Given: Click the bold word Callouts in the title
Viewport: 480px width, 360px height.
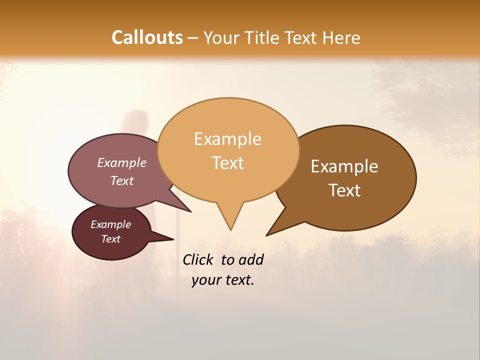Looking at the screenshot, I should coord(147,37).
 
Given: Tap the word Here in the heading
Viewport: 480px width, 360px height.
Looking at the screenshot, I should coord(341,37).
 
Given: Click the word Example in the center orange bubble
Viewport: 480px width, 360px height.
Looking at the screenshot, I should coord(227,139).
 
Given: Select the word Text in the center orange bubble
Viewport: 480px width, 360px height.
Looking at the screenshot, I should coord(227,163).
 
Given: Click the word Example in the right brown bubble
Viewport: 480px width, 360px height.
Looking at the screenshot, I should coord(344,166).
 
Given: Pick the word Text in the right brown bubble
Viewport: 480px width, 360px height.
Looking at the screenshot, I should coord(344,190).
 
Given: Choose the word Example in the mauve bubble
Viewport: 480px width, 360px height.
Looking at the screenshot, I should coord(121,163).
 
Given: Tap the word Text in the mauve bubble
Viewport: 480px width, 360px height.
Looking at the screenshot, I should coord(121,180).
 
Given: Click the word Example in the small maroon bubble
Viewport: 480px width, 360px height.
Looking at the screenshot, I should coord(110,224).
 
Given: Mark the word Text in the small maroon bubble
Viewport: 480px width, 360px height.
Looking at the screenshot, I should coord(110,239).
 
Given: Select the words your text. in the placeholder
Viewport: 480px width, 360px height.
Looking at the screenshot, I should coord(222,280).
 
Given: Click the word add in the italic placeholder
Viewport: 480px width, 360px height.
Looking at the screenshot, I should coord(251,259).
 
